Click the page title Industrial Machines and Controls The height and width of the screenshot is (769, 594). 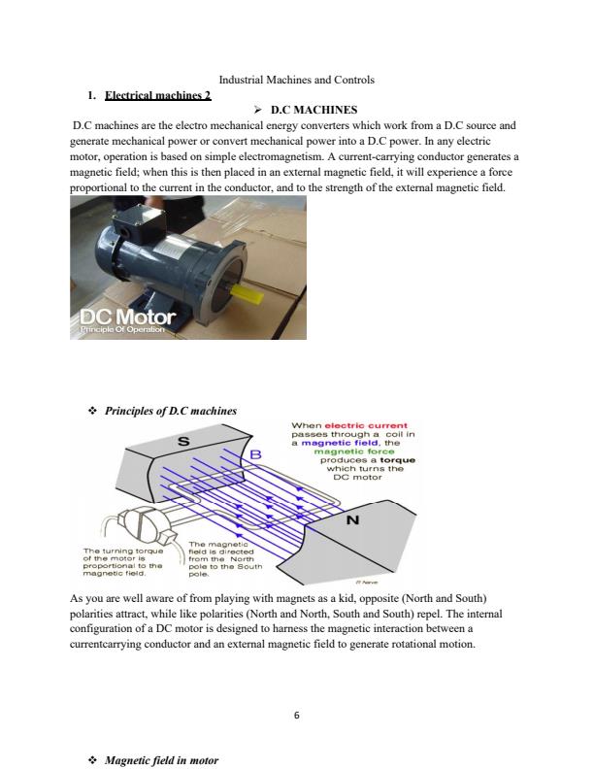[297, 79]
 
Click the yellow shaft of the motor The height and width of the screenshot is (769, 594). [246, 286]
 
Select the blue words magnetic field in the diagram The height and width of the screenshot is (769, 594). [341, 443]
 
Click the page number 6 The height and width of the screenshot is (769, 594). [297, 716]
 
